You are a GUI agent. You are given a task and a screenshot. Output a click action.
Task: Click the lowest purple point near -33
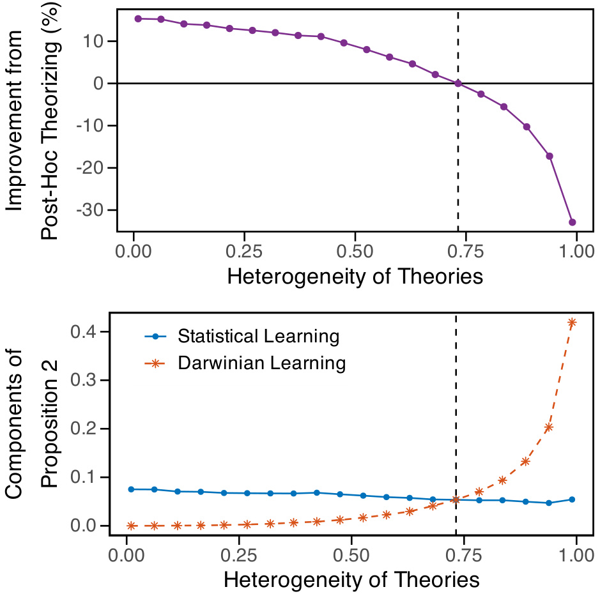coord(572,222)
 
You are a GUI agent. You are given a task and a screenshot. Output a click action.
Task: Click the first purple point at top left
coord(137,19)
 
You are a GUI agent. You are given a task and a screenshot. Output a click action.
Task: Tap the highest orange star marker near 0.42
coord(572,323)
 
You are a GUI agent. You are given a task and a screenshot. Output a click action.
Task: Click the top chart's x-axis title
coord(355,277)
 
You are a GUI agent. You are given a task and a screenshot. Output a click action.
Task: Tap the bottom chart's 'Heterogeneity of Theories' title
coord(351,580)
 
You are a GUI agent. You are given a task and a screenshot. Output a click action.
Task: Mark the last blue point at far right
coord(572,499)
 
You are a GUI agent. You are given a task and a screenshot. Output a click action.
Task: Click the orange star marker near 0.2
coord(548,427)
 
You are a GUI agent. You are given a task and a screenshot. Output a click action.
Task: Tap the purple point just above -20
coord(549,156)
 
